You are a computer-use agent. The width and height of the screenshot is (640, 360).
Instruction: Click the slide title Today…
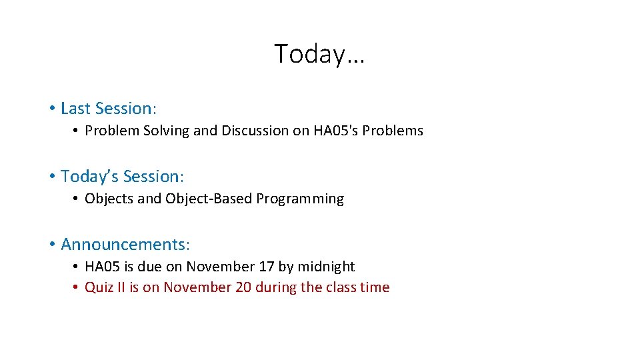tap(319, 54)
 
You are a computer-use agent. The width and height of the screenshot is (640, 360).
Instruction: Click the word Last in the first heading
tap(76, 108)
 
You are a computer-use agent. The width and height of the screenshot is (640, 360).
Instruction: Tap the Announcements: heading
tap(125, 245)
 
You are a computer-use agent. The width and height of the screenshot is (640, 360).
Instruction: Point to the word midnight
tap(326, 267)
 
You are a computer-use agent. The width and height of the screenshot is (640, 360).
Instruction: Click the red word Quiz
tap(98, 287)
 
